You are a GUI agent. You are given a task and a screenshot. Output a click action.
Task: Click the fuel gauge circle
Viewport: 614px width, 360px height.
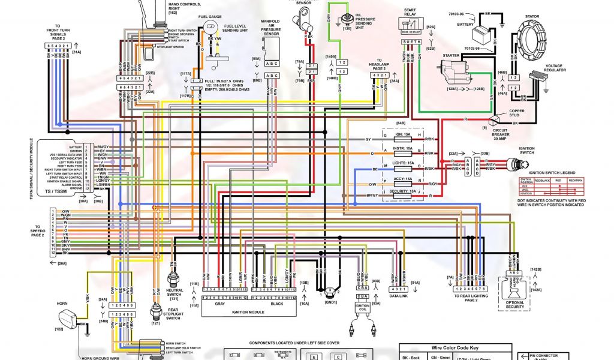click(x=211, y=29)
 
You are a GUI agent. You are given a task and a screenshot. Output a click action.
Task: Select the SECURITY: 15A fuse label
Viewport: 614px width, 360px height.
click(x=403, y=190)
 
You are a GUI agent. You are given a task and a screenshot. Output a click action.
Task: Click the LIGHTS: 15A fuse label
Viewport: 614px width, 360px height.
click(x=403, y=163)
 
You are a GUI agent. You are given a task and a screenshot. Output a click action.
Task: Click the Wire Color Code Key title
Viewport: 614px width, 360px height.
click(x=455, y=348)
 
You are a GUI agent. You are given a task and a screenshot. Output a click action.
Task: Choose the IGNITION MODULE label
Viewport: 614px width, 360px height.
click(x=248, y=311)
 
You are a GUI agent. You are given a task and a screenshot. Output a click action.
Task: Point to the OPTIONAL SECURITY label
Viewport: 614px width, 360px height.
click(x=515, y=306)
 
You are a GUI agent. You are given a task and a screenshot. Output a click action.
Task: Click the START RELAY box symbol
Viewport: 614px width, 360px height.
click(x=410, y=26)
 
